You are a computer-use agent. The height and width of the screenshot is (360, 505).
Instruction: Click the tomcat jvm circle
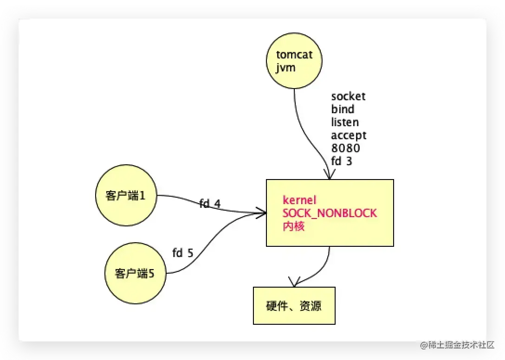click(x=294, y=61)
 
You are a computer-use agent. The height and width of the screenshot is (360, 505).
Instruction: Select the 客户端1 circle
click(x=126, y=196)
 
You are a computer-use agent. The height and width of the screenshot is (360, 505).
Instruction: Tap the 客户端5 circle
click(x=135, y=274)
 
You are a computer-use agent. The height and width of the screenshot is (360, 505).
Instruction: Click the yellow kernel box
click(x=330, y=212)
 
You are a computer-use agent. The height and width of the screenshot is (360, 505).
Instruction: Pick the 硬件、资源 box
click(x=294, y=306)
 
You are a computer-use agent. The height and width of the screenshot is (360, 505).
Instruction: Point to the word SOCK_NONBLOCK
click(x=330, y=213)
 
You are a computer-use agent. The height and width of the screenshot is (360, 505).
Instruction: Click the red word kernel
click(x=299, y=200)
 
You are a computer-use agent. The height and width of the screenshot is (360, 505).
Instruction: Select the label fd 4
click(x=210, y=203)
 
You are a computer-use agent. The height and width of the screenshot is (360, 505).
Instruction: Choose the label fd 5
click(x=182, y=253)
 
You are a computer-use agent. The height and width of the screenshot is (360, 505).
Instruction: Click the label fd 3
click(x=342, y=161)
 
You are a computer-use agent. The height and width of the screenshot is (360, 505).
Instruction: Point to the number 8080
click(x=345, y=148)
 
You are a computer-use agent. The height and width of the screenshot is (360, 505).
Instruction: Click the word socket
click(x=348, y=96)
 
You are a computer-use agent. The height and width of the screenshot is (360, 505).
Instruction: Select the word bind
click(x=343, y=109)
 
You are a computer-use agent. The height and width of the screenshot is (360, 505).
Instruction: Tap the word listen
click(x=345, y=122)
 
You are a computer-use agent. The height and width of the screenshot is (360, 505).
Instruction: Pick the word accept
click(x=349, y=135)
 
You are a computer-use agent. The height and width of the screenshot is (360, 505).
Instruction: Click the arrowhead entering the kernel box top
click(x=330, y=175)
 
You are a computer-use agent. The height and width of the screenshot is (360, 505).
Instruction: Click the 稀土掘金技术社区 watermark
click(x=457, y=345)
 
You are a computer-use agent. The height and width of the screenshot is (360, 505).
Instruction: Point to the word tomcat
click(x=294, y=55)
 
